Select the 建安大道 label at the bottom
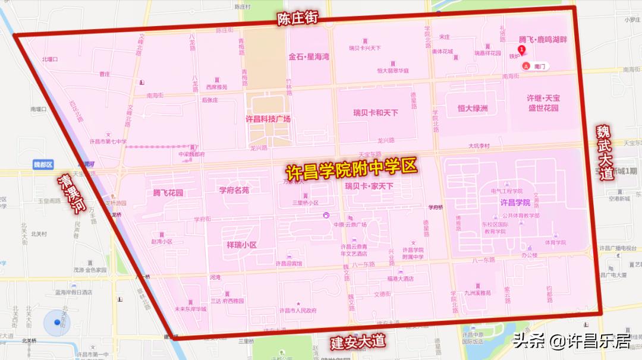coord(358,342)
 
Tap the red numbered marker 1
coord(522,50)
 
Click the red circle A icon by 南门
coord(525,67)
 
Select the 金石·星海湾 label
coord(309,57)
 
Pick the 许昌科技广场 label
coord(268,119)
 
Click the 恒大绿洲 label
coord(473,108)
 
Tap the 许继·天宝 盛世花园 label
coord(544,103)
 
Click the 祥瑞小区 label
coord(241,245)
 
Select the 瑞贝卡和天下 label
coord(376,112)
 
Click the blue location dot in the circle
coord(57,322)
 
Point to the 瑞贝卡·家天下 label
coord(369,186)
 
